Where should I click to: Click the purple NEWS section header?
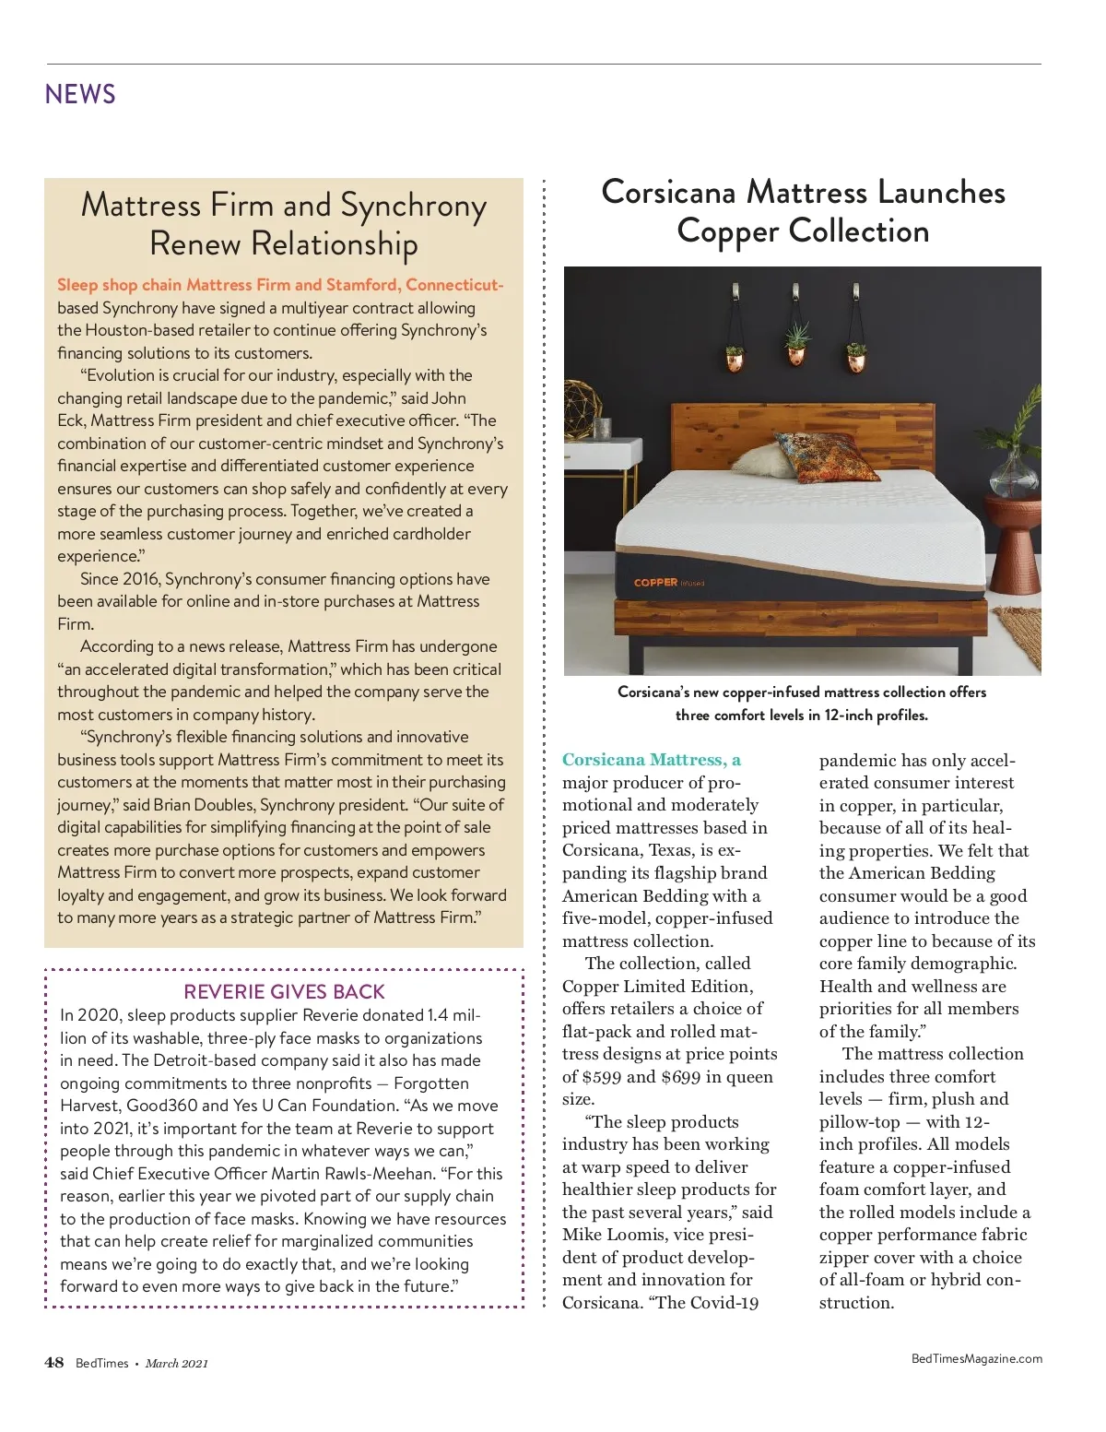tap(80, 94)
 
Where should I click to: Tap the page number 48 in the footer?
tap(54, 1363)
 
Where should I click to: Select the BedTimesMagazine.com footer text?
tap(976, 1358)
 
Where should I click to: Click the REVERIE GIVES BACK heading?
tap(284, 992)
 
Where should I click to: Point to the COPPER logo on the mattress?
tap(656, 583)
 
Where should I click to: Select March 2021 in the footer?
tap(176, 1364)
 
